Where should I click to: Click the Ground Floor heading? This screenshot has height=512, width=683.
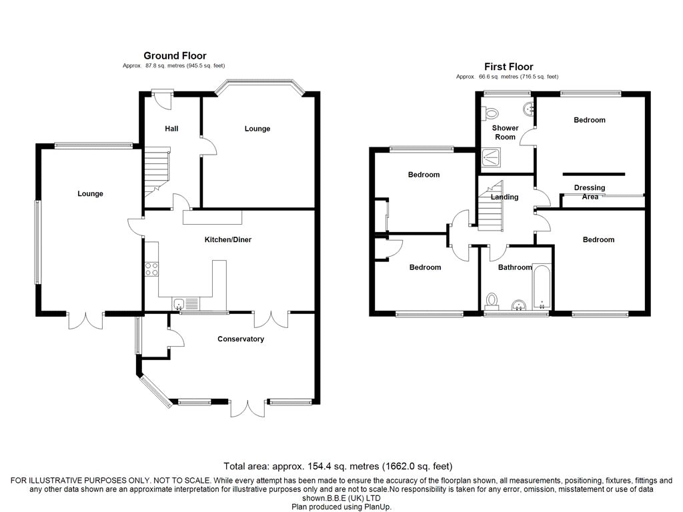[175, 56]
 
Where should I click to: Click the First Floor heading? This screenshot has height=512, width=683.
[508, 67]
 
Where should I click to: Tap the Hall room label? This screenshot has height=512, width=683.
[171, 129]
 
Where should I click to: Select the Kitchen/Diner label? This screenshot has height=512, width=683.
[228, 239]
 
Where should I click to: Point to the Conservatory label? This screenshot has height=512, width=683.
[241, 339]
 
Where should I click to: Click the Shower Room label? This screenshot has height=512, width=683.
[506, 133]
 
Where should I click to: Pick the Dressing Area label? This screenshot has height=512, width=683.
[590, 192]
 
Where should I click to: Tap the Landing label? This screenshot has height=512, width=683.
[504, 197]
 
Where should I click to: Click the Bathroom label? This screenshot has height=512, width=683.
[515, 267]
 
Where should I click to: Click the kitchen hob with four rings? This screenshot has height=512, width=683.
[151, 269]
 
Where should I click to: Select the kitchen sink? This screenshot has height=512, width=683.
[185, 303]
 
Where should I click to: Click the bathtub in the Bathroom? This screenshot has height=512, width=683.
[542, 287]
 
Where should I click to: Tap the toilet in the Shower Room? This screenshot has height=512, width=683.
[490, 113]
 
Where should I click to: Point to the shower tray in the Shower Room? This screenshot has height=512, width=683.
[492, 157]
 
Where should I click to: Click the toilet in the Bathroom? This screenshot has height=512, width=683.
[492, 301]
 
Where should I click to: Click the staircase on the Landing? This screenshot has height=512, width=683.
[491, 206]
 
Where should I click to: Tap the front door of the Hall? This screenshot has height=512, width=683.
[162, 99]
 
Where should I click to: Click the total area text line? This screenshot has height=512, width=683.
[338, 466]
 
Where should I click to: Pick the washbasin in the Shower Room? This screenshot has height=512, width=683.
[529, 109]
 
